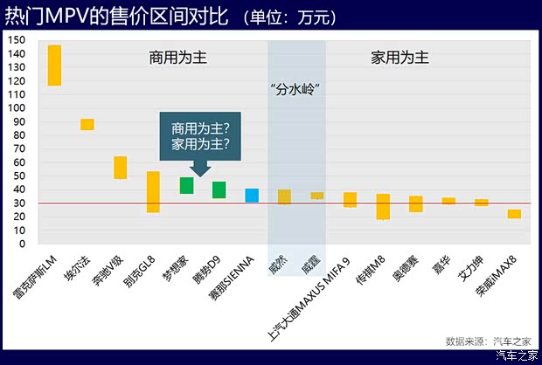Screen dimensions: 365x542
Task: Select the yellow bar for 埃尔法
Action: pos(87,124)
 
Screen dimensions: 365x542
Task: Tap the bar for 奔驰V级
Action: pos(121,168)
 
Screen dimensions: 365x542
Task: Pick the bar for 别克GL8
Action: pos(153,192)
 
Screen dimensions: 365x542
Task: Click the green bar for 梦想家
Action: pos(186,185)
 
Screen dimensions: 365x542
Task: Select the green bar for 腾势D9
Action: pos(219,190)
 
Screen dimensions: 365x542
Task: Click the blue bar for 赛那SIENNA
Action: pos(252,196)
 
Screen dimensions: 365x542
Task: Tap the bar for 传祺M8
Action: pos(383,207)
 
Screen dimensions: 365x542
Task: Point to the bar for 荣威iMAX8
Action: pos(514,214)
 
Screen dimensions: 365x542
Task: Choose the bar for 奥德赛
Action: pos(416,204)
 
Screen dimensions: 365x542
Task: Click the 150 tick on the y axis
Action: pos(17,40)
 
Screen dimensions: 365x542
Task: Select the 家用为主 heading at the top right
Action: pos(400,59)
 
